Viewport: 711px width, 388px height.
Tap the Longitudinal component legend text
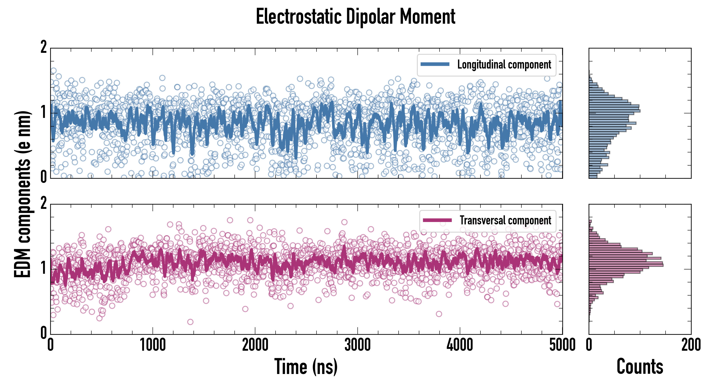504,65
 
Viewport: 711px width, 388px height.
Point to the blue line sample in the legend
435,64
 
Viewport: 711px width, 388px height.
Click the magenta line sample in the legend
437,220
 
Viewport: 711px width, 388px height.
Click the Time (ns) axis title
306,366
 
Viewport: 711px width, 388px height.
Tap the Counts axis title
640,366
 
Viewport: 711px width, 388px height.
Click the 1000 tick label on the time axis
153,345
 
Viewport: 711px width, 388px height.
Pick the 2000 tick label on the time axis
255,345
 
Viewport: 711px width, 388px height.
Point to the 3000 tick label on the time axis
357,345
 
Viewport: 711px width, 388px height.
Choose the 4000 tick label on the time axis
460,345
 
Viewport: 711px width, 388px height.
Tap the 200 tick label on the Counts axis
691,345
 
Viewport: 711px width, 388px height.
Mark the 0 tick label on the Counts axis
589,345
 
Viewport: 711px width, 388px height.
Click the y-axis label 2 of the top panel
44,47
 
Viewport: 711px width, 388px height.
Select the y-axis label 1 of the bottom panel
44,268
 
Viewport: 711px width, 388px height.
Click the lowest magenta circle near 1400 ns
190,322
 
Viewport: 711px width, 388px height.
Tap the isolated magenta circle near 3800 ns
439,314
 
